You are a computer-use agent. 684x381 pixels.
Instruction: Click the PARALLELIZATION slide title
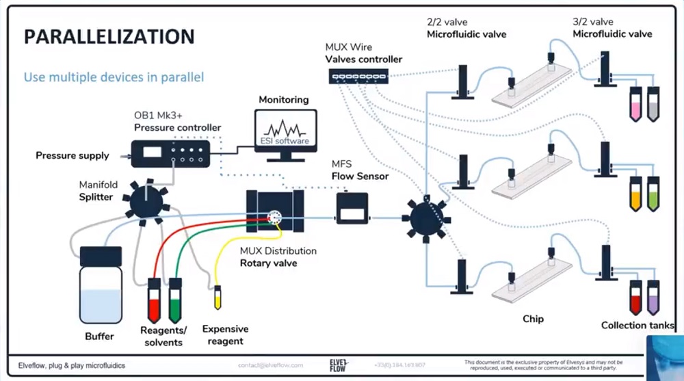tap(109, 37)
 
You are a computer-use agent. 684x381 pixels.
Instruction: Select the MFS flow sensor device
tap(352, 209)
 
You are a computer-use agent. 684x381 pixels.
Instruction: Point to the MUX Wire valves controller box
tap(358, 77)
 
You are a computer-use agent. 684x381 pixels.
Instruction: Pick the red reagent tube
tap(155, 302)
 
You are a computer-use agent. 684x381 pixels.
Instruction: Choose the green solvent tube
tap(175, 302)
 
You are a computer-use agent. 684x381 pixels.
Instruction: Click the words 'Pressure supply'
tap(72, 155)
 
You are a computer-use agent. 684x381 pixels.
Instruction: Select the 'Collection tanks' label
tap(636, 326)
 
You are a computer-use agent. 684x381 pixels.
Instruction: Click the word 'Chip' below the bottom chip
tap(533, 319)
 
